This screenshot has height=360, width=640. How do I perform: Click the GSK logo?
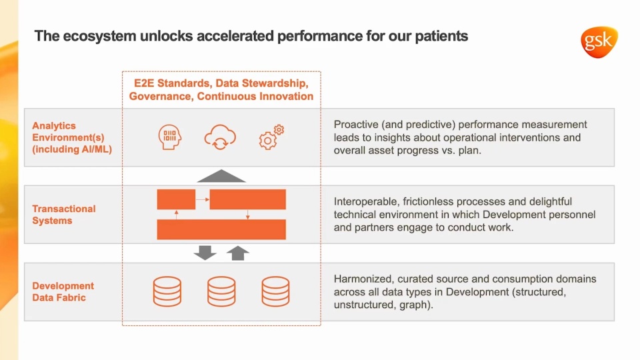(599, 42)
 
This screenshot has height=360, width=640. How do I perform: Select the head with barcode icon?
(169, 137)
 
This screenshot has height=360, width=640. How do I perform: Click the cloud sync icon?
(220, 137)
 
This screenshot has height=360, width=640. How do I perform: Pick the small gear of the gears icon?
(279, 130)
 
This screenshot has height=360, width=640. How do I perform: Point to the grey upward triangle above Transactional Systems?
(221, 175)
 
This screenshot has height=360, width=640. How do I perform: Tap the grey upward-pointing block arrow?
(237, 253)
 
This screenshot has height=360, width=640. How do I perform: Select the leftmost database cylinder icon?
(167, 291)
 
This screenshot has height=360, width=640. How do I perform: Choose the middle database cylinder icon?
(221, 291)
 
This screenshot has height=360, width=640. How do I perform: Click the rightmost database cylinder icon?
(275, 291)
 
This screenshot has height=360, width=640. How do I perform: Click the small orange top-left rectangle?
(176, 199)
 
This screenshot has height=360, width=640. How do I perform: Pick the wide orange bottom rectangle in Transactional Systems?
(221, 229)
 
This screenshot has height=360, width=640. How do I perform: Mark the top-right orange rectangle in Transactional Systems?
(248, 199)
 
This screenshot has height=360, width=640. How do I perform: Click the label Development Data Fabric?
(63, 291)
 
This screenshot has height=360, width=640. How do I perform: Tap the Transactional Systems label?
(64, 215)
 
